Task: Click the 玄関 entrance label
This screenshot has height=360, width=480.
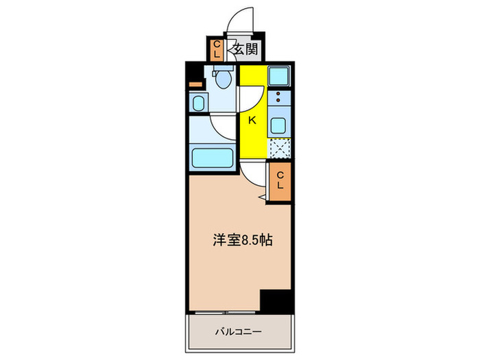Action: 244,49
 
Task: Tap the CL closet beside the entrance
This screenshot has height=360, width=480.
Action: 217,49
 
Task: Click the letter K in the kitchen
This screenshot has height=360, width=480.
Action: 252,121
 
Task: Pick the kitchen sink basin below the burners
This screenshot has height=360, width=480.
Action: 279,125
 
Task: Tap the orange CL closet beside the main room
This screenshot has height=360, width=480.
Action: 280,181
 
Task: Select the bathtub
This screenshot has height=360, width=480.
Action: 212,158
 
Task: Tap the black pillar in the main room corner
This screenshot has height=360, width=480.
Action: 276,299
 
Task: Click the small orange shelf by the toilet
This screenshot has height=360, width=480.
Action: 196,84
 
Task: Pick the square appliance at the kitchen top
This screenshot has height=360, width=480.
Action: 278,76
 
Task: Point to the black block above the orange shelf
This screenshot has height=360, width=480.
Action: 195,71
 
